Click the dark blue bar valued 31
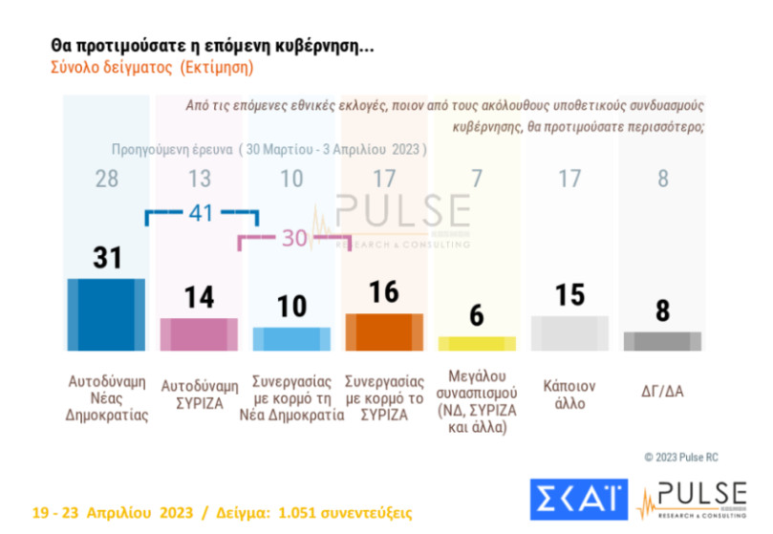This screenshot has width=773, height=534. pos(105,314)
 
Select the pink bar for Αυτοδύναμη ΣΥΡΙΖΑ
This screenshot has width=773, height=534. pos(198,334)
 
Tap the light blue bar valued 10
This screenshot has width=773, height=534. pos(291,339)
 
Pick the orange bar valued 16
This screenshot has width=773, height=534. pos(384,331)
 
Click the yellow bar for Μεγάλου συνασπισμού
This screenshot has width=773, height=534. pos(476,343)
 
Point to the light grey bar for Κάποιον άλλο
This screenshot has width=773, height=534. pos(569,333)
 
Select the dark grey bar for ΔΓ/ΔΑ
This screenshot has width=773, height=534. pos(662,341)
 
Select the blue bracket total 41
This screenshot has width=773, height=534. pos(201,214)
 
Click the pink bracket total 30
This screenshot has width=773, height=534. pos(294,239)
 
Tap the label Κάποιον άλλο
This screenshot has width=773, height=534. pos(569,395)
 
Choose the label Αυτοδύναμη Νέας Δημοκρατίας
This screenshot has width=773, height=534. pos(107,400)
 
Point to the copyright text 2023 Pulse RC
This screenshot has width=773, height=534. pos(693,457)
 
